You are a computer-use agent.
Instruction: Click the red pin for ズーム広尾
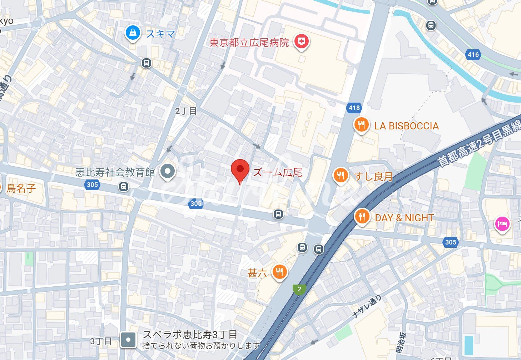tap(240, 169)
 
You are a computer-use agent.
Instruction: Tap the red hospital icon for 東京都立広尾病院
tap(301, 42)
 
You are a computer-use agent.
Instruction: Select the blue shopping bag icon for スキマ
tap(133, 33)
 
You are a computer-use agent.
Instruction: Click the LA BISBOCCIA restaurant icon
tap(361, 125)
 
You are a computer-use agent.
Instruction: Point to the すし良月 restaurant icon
tap(341, 175)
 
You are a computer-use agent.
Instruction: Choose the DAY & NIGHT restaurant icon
tap(362, 217)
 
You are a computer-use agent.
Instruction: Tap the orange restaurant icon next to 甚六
tap(279, 272)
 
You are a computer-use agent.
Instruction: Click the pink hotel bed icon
tap(502, 224)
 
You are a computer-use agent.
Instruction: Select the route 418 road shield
tap(354, 108)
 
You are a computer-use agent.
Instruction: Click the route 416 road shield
tap(473, 54)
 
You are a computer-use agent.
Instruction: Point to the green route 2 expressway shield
tap(299, 289)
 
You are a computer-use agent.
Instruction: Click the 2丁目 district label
tap(186, 111)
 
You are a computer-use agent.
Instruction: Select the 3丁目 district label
tap(101, 341)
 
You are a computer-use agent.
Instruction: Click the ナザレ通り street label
tap(367, 306)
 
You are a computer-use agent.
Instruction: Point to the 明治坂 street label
tap(401, 344)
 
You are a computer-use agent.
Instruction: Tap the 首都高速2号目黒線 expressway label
tap(479, 143)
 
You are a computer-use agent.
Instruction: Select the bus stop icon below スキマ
tap(146, 63)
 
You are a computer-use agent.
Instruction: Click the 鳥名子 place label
tap(21, 188)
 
